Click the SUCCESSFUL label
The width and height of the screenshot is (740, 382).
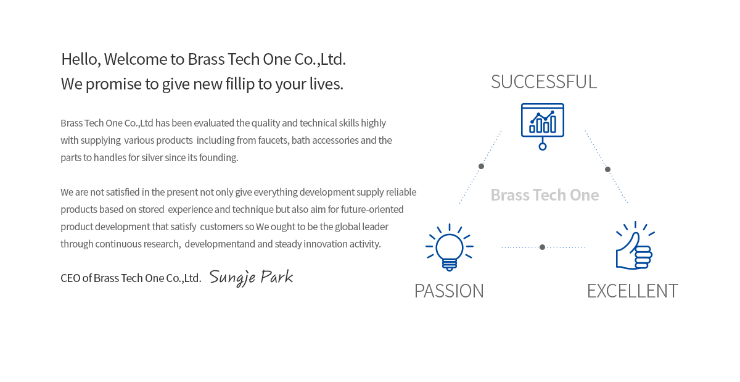(x=544, y=81)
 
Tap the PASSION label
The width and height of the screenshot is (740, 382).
(x=449, y=291)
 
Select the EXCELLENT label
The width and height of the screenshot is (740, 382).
(x=632, y=291)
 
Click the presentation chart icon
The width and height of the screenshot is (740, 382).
(x=543, y=127)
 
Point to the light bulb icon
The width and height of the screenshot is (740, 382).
(x=450, y=247)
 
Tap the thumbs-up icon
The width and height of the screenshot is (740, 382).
(x=635, y=246)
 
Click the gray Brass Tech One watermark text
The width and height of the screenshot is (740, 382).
(x=545, y=195)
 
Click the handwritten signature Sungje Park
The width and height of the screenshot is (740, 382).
(x=251, y=277)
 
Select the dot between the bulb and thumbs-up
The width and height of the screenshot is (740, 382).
(x=542, y=247)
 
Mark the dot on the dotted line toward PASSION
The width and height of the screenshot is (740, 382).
(x=482, y=167)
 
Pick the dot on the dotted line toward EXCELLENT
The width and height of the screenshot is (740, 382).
(x=607, y=169)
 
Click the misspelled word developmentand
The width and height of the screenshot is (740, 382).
(x=220, y=244)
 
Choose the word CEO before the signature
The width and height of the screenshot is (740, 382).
(x=70, y=278)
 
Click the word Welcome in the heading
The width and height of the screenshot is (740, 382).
(x=136, y=59)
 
